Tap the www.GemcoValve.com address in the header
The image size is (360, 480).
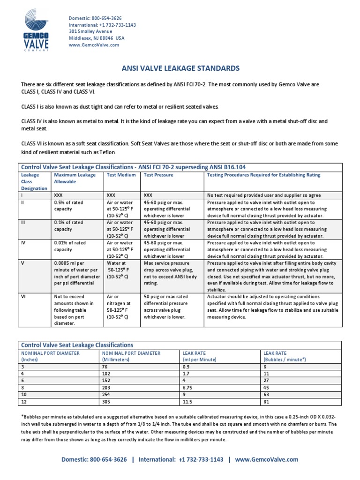[x=94, y=45]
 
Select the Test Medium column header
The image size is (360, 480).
[x=121, y=175]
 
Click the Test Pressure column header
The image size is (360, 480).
[x=158, y=175]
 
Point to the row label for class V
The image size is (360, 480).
[x=22, y=263]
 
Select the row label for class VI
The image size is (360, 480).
[x=23, y=296]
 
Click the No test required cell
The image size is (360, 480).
[x=263, y=195]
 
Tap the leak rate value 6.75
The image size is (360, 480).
[x=188, y=388]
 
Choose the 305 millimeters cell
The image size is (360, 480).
[x=105, y=401]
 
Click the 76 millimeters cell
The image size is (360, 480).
[x=104, y=367]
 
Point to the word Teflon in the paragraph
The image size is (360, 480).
[x=105, y=153]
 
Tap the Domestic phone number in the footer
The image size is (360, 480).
[x=94, y=460]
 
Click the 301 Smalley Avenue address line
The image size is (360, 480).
[x=90, y=31]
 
